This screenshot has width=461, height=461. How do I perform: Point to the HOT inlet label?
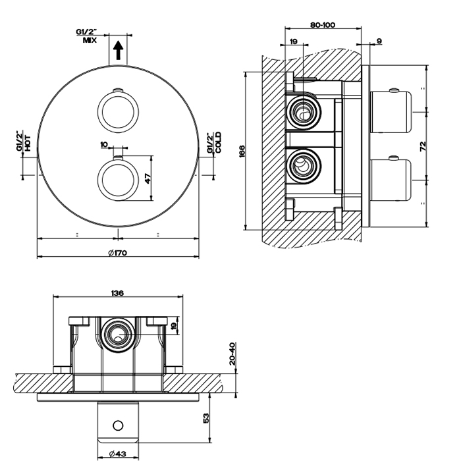[x=24, y=142]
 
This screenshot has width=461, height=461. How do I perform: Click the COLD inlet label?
[x=213, y=142]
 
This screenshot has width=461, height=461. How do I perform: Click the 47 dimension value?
[x=149, y=178]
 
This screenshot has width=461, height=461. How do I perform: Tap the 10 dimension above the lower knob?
[x=104, y=144]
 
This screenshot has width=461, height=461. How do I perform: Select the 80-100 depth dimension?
[x=323, y=25]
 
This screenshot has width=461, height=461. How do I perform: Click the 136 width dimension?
[x=118, y=294]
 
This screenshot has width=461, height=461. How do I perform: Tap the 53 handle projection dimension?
[x=207, y=418]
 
